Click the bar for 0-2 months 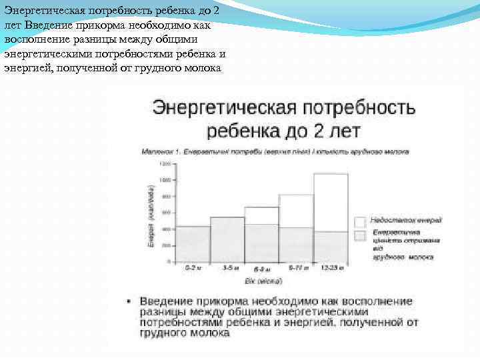(193, 244)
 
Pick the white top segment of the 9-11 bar (296, 211)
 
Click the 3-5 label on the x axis (227, 267)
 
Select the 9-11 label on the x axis (296, 267)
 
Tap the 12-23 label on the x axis (331, 267)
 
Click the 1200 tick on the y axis (165, 163)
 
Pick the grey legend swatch (360, 235)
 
